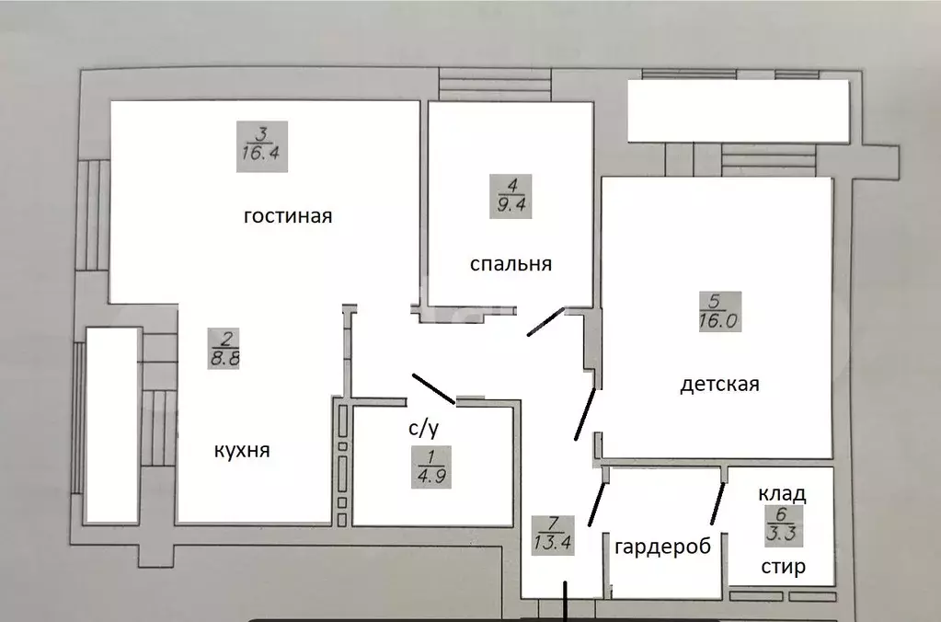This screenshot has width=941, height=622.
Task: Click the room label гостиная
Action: pyautogui.click(x=287, y=217)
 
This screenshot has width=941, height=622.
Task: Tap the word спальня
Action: pyautogui.click(x=511, y=264)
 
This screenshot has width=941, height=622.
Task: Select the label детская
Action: pyautogui.click(x=719, y=384)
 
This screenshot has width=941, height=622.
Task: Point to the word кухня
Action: pyautogui.click(x=242, y=451)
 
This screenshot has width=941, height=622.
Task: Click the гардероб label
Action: pyautogui.click(x=662, y=546)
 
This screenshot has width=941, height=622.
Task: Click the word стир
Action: pyautogui.click(x=783, y=566)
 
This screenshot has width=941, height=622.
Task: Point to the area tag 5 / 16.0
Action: pyautogui.click(x=719, y=312)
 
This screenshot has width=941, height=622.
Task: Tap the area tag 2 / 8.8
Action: pyautogui.click(x=225, y=350)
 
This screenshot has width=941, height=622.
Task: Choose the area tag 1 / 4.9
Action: pyautogui.click(x=430, y=467)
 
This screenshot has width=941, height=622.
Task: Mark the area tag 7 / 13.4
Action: pyautogui.click(x=552, y=533)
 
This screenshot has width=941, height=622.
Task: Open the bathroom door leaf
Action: pyautogui.click(x=433, y=389)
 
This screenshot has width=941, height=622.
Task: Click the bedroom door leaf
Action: pyautogui.click(x=545, y=322)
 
